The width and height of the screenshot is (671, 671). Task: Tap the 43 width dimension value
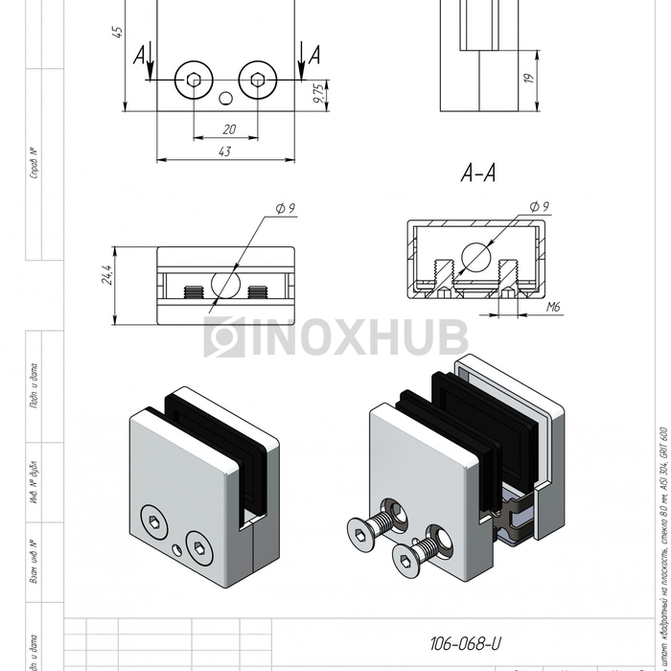[x=224, y=150]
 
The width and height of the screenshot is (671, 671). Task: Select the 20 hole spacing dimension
[x=228, y=128]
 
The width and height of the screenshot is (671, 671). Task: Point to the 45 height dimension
[x=117, y=31]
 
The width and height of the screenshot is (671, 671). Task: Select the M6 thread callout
[x=553, y=308]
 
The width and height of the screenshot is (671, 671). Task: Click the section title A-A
[x=477, y=174]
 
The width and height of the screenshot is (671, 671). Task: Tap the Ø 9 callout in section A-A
[x=539, y=207]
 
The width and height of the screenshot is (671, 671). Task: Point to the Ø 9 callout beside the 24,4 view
[x=285, y=208]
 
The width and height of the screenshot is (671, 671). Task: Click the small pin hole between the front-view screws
[x=226, y=97]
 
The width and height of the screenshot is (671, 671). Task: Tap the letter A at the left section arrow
[x=141, y=56]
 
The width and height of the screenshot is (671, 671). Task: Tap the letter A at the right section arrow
[x=313, y=56]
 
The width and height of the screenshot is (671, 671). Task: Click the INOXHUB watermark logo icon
[x=223, y=337]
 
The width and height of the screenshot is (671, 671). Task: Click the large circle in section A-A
[x=477, y=256]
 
